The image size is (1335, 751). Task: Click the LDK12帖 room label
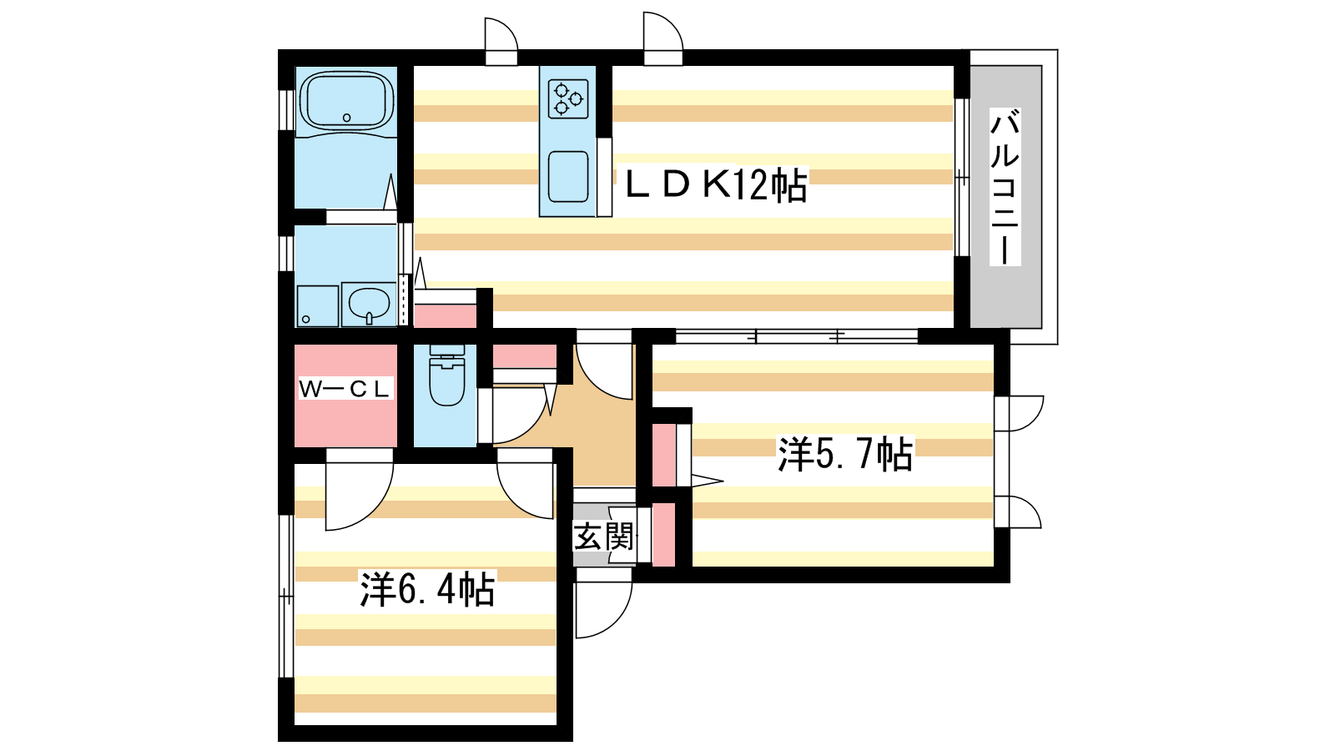pos(716,185)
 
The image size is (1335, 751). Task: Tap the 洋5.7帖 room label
pos(844,455)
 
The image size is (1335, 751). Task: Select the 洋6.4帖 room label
pos(426,589)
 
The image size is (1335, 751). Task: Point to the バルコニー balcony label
pos(1005,187)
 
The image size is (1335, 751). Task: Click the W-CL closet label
pos(345,389)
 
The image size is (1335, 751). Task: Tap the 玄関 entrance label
pos(602,537)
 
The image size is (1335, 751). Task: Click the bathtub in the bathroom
pos(346,101)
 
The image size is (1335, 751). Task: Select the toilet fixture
pos(446,375)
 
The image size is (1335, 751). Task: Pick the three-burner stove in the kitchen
pos(568,99)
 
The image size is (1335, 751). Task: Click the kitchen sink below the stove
pos(568,177)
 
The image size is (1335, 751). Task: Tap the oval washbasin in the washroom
pos(369,304)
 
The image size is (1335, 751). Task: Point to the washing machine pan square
pos(318,306)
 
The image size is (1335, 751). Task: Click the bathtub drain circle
pos(346,118)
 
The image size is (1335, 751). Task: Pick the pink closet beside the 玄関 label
pos(664,535)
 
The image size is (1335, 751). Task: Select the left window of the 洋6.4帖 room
pos(286,596)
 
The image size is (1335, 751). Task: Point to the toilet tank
pos(446,350)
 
